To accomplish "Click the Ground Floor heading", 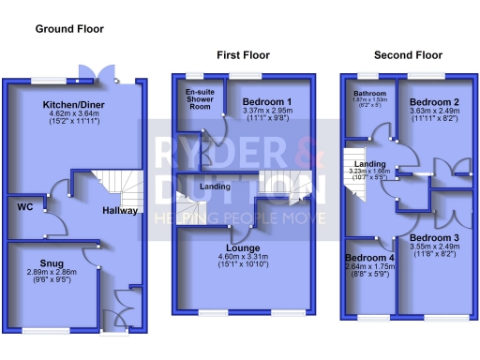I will click(x=69, y=29).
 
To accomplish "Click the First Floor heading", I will click(x=242, y=55).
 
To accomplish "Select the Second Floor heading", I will click(x=408, y=55).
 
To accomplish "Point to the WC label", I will click(x=25, y=207).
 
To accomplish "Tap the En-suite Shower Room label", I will click(x=198, y=101).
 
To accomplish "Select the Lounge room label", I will click(x=242, y=247).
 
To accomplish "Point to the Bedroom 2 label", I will click(x=434, y=101).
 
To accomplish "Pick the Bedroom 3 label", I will click(x=434, y=238).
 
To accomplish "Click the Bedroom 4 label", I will click(x=370, y=257).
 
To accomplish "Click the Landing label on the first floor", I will click(x=216, y=186).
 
